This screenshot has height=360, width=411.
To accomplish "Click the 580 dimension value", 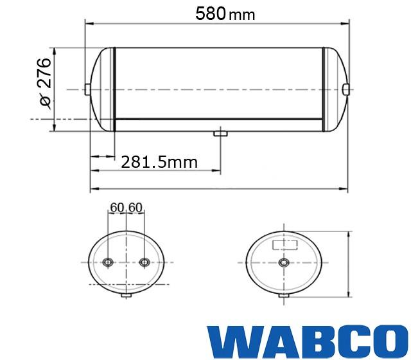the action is coord(211,14).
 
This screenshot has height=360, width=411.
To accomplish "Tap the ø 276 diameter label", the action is coord(44,82).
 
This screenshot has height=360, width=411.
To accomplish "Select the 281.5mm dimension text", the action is coord(159,162).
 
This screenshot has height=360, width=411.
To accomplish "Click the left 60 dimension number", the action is coord(117,208).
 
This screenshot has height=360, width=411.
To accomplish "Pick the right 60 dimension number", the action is coord(136,208).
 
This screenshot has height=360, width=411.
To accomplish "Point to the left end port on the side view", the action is coord(87,89).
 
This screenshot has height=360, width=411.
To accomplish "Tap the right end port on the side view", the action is coord(346,89).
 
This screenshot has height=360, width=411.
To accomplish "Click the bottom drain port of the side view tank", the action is coord(220,134).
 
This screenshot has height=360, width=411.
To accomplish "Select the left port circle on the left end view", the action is coord(108,262).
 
